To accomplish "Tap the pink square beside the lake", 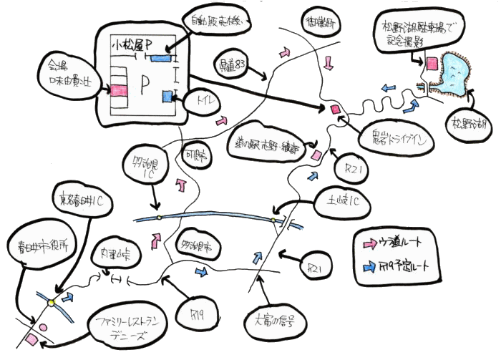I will click(432, 64).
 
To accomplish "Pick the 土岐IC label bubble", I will click(341, 203).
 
